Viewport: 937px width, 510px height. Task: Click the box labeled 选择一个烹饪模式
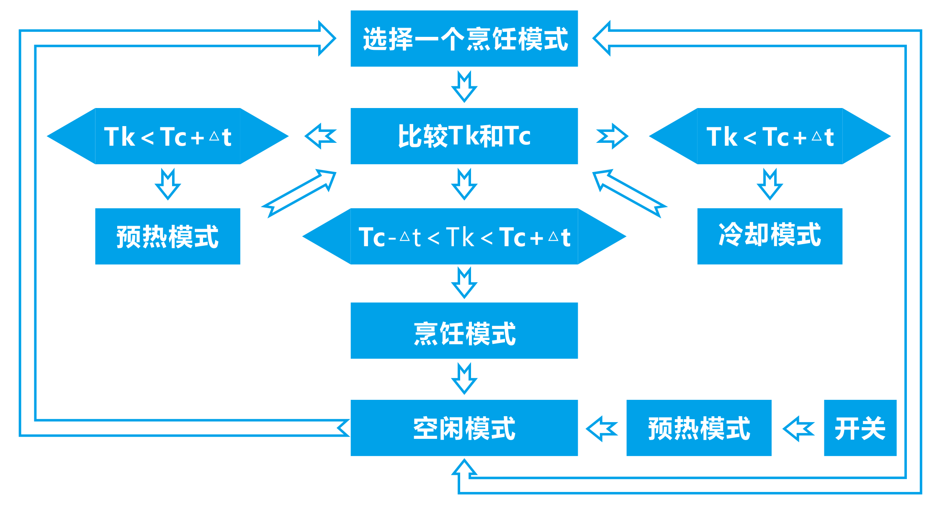click(464, 39)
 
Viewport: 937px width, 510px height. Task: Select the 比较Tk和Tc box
click(464, 136)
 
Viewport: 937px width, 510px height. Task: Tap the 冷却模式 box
click(770, 236)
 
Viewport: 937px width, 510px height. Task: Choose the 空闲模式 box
click(464, 428)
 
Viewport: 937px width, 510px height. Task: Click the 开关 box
click(860, 428)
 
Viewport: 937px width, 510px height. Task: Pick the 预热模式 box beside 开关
click(699, 428)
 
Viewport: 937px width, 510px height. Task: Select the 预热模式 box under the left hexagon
click(167, 236)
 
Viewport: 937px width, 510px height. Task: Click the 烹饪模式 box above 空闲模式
click(464, 331)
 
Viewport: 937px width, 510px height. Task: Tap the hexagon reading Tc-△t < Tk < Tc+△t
click(464, 236)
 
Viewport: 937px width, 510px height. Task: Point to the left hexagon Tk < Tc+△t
click(167, 136)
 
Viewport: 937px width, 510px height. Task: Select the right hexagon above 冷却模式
click(770, 136)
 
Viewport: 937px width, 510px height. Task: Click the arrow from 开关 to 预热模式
click(798, 428)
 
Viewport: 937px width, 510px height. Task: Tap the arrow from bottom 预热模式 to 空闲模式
click(602, 428)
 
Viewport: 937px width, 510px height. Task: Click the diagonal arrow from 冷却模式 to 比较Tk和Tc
click(629, 193)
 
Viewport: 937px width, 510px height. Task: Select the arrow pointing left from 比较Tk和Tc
click(321, 136)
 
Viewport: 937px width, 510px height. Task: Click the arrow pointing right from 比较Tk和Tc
click(612, 136)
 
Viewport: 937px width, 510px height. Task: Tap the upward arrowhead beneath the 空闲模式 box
click(464, 468)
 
